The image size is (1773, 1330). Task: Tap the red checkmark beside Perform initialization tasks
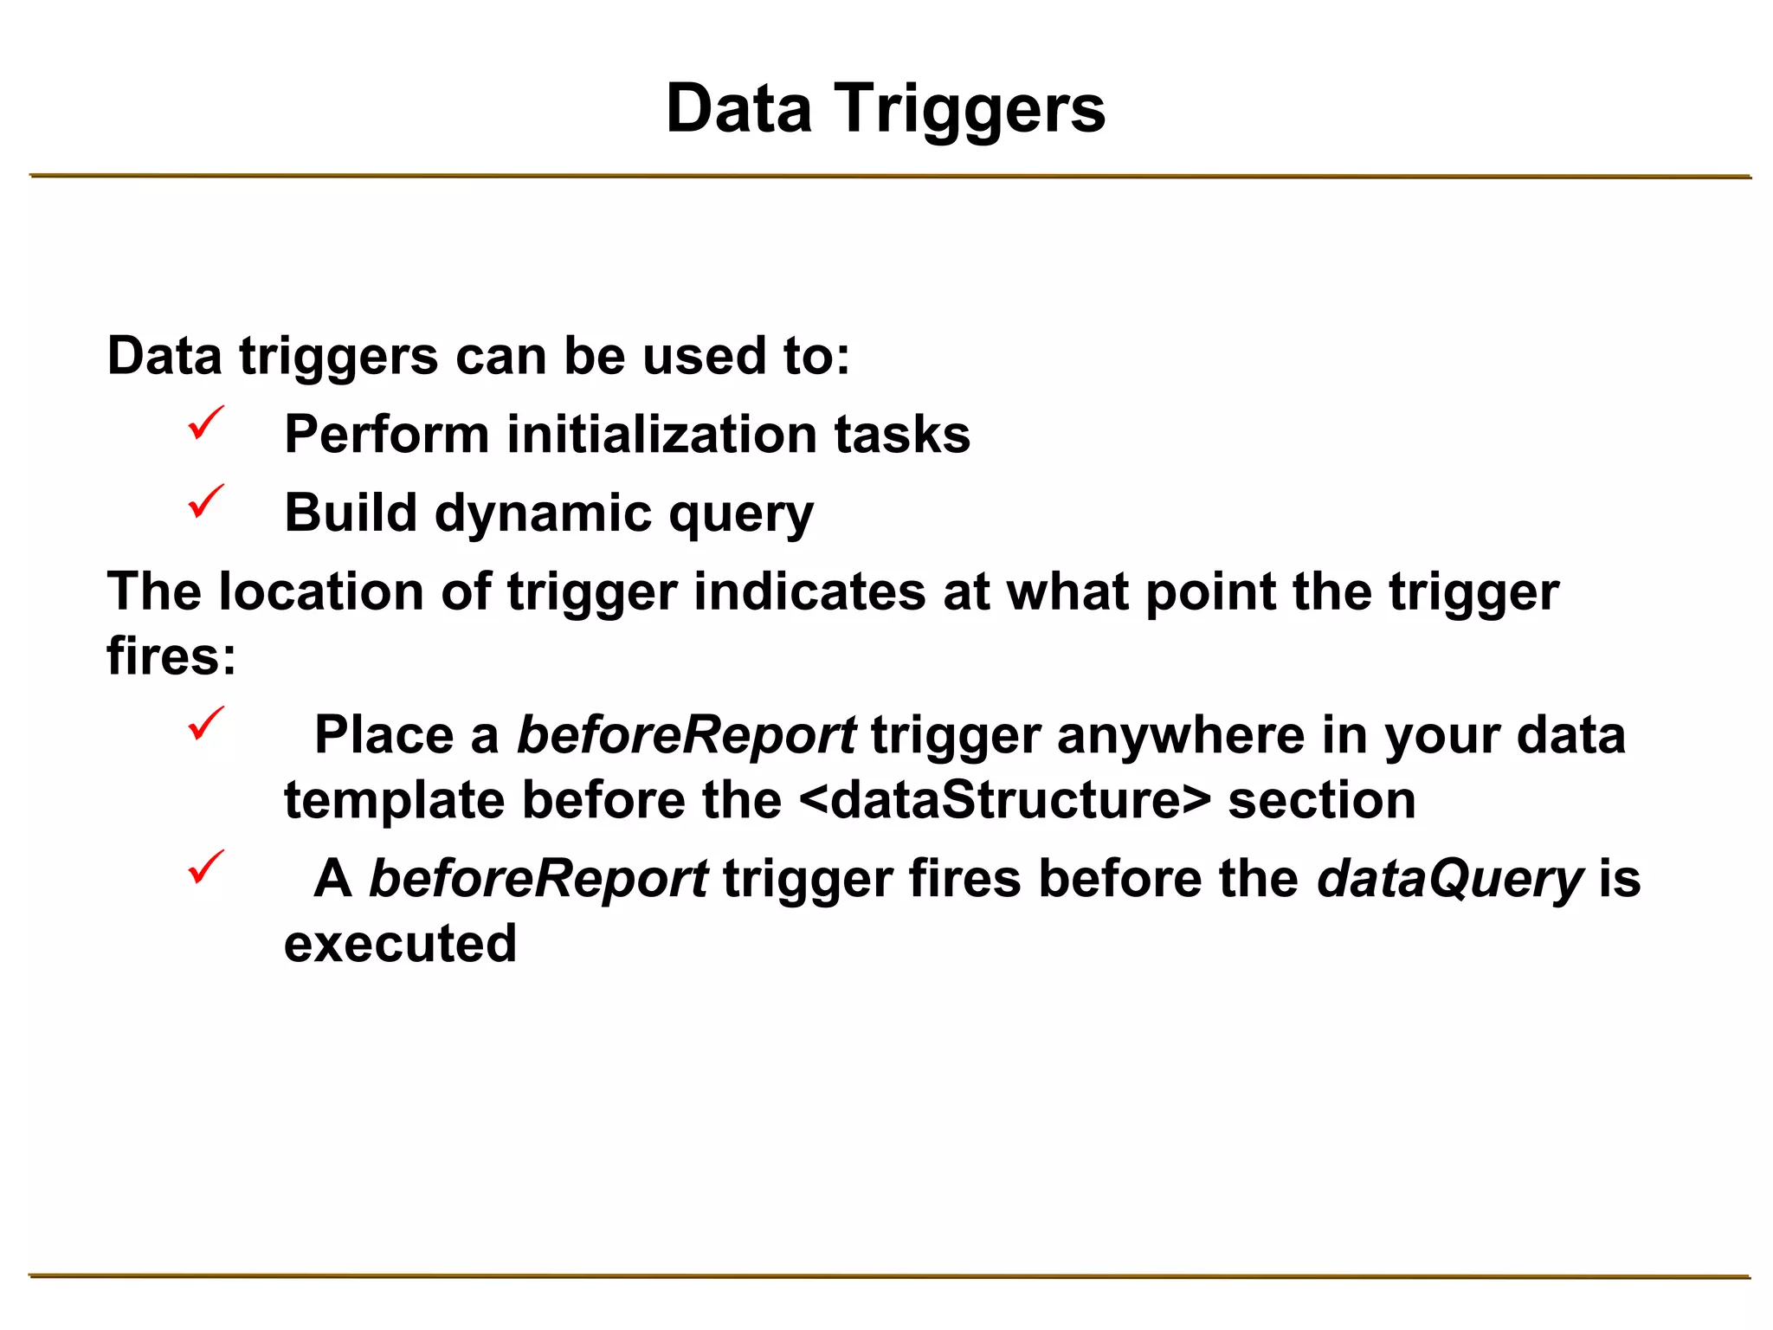pyautogui.click(x=206, y=423)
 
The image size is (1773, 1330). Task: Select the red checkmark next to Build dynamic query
pyautogui.click(x=206, y=502)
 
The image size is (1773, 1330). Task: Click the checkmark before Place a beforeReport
pyautogui.click(x=206, y=724)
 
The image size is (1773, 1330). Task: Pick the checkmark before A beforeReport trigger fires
pyautogui.click(x=206, y=868)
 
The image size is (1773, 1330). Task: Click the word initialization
pyautogui.click(x=662, y=434)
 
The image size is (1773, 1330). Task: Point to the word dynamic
pyautogui.click(x=543, y=513)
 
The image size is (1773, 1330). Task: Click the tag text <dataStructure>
pyautogui.click(x=1004, y=799)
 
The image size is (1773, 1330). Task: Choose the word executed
pyautogui.click(x=400, y=943)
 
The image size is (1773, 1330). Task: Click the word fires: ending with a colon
pyautogui.click(x=171, y=655)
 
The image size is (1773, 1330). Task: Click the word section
pyautogui.click(x=1322, y=799)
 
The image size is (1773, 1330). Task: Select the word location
pyautogui.click(x=321, y=592)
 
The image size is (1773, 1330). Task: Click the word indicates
pyautogui.click(x=809, y=592)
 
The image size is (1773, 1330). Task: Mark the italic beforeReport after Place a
pyautogui.click(x=687, y=736)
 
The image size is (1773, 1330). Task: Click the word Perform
pyautogui.click(x=386, y=434)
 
